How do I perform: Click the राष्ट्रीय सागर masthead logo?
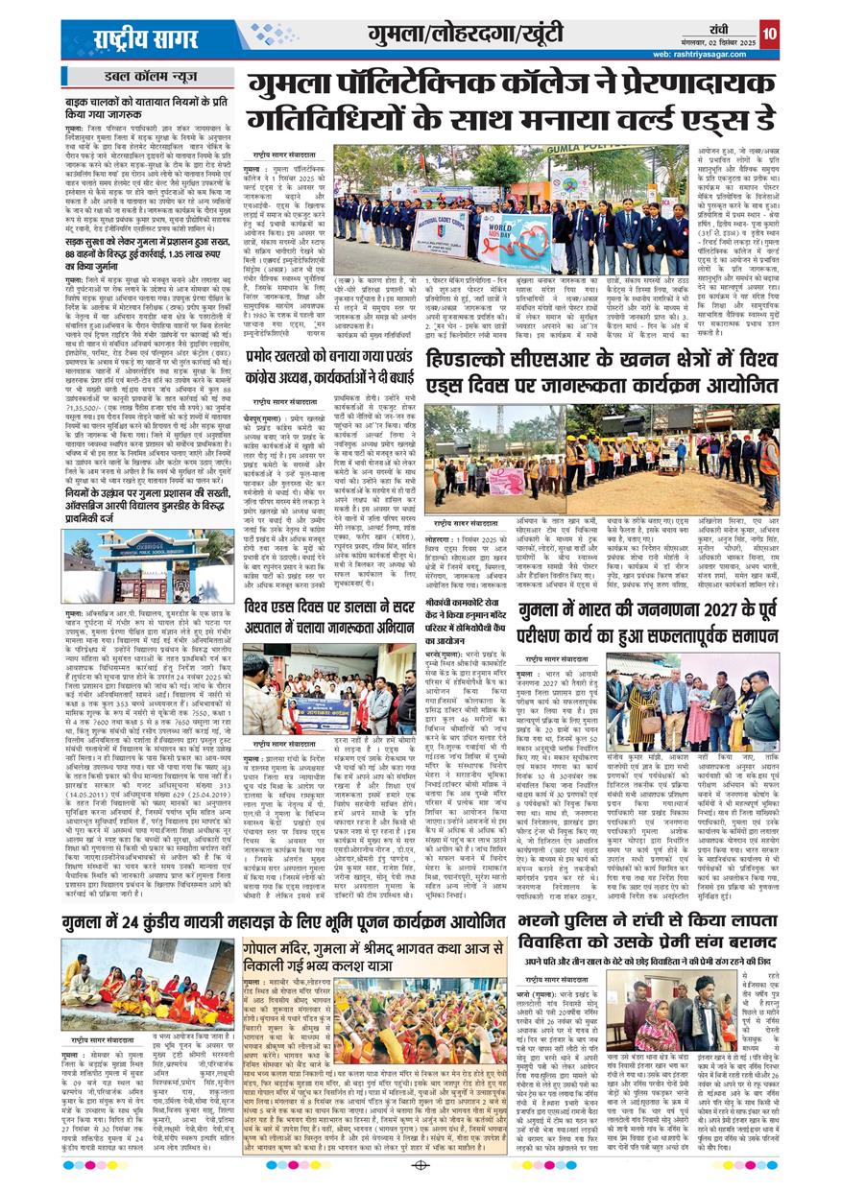click(143, 37)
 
